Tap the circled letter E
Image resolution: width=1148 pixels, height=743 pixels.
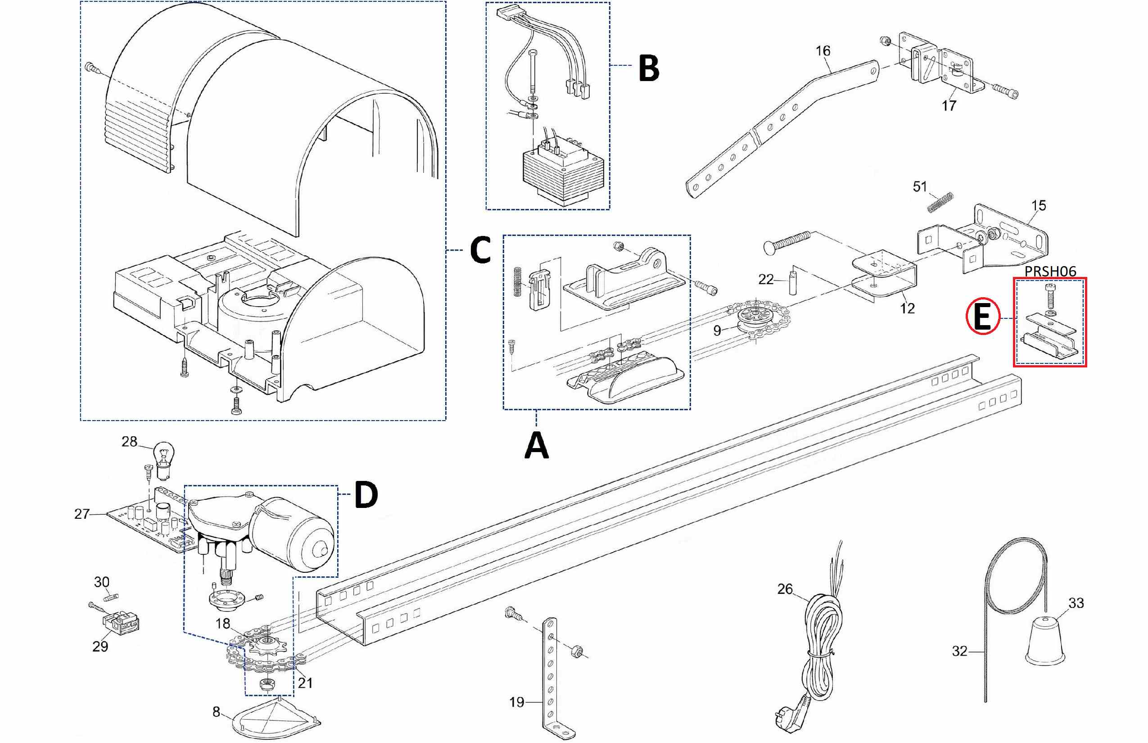tap(982, 317)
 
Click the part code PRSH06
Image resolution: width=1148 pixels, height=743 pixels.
tap(1049, 272)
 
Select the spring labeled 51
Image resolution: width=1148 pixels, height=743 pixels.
tap(940, 202)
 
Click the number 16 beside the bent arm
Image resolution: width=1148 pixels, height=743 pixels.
tap(823, 50)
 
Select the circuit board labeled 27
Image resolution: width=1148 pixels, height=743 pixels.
tap(145, 523)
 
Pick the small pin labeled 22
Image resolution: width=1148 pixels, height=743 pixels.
tap(792, 284)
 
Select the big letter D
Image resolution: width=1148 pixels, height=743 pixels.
tap(366, 494)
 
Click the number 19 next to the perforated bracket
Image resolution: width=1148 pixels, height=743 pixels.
tap(517, 702)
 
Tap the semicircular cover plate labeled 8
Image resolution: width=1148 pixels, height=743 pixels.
tap(277, 716)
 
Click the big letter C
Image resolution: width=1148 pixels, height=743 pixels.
tap(480, 249)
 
